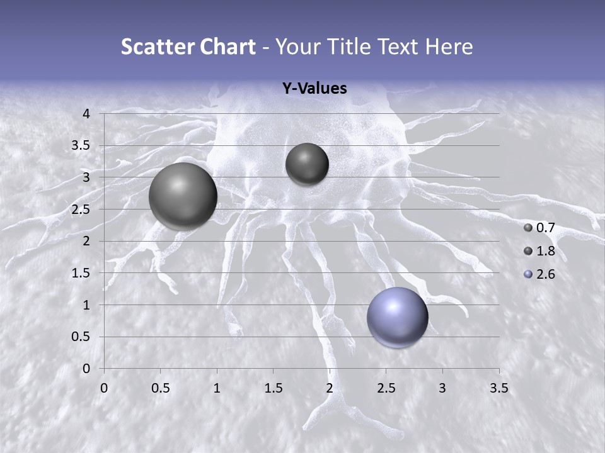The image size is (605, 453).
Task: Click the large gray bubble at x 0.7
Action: [183, 196]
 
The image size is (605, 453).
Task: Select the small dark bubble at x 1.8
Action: [307, 164]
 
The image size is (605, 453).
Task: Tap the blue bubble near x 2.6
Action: [397, 317]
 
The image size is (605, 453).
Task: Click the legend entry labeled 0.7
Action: [539, 228]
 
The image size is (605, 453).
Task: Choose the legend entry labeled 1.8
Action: [539, 251]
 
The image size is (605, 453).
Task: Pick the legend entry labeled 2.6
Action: [539, 274]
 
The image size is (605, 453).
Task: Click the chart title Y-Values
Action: [314, 89]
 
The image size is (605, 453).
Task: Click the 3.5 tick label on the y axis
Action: [82, 145]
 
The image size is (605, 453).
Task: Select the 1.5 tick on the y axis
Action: [82, 273]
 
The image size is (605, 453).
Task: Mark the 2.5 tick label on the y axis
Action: [82, 210]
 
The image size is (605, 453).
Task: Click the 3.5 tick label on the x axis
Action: [498, 388]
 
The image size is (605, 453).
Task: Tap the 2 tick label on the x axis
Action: [329, 388]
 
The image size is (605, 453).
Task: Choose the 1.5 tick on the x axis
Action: [273, 388]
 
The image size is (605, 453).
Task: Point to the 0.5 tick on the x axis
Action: [160, 388]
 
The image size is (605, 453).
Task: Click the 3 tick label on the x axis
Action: [442, 388]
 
